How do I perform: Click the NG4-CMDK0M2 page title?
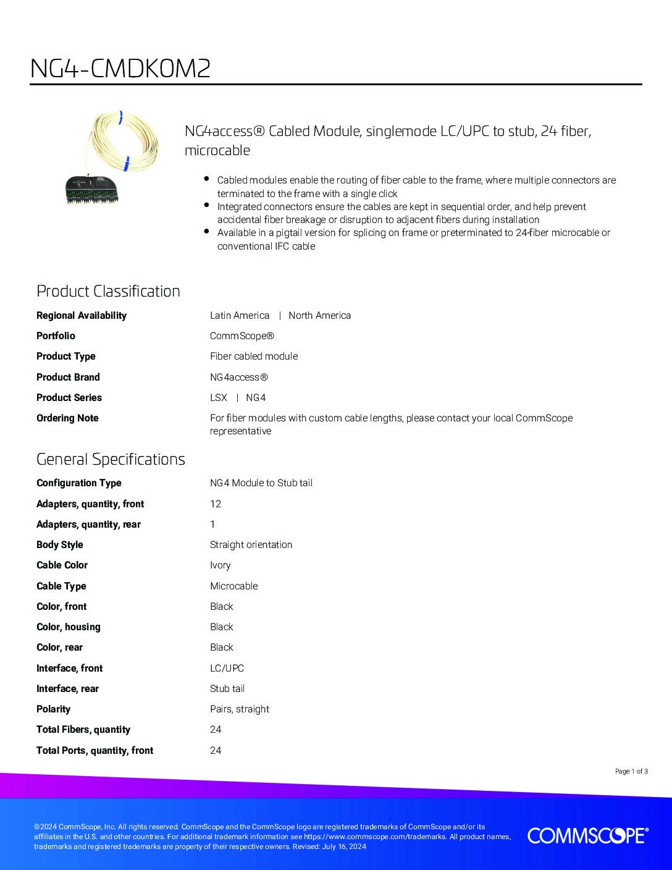[x=120, y=69]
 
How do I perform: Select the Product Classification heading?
[x=108, y=291]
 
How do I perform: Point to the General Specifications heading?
[x=111, y=459]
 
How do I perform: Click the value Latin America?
[x=240, y=315]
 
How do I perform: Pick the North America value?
[x=319, y=315]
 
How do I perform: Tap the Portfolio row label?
[x=56, y=336]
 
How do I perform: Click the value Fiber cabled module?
[x=254, y=356]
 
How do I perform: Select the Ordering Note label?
[x=67, y=418]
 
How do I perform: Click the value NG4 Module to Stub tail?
[x=261, y=483]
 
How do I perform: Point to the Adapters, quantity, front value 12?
[x=216, y=504]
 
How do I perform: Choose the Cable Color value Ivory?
[x=220, y=565]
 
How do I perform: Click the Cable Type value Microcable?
[x=233, y=586]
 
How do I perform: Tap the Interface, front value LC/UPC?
[x=227, y=668]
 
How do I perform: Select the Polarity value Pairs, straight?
[x=240, y=709]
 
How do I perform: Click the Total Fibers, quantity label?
[x=83, y=729]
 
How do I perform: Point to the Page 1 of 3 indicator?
[x=631, y=771]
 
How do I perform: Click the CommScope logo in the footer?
[x=587, y=836]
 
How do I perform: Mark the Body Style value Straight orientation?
[x=251, y=544]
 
